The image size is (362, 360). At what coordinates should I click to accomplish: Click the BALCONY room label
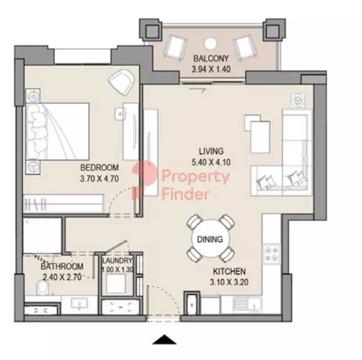(x=211, y=58)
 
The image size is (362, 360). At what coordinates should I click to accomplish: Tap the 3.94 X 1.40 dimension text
(x=211, y=69)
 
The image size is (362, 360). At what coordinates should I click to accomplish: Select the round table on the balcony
(x=210, y=43)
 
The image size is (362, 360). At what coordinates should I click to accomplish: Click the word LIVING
(x=211, y=151)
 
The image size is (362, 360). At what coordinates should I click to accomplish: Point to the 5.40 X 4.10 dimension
(x=211, y=162)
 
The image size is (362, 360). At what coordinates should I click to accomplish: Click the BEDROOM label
(x=99, y=167)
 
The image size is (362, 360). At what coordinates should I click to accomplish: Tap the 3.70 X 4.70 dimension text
(x=99, y=179)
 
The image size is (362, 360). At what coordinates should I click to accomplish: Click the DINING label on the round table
(x=210, y=239)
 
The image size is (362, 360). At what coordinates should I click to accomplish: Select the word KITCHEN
(x=229, y=271)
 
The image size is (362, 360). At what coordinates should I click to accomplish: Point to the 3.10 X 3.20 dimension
(x=229, y=282)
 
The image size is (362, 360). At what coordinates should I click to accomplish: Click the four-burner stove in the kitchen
(x=271, y=254)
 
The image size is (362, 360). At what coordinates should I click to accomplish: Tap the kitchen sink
(x=248, y=305)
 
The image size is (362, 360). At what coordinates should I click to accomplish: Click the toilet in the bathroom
(x=42, y=287)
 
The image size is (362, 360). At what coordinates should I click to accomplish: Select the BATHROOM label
(x=62, y=266)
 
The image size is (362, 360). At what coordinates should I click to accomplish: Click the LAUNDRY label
(x=117, y=261)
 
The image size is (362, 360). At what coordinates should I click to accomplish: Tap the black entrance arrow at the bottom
(x=164, y=339)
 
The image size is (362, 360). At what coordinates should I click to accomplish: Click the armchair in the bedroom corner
(x=122, y=82)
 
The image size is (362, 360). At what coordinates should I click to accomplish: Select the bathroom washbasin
(x=79, y=304)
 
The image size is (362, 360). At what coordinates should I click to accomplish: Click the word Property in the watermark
(x=195, y=177)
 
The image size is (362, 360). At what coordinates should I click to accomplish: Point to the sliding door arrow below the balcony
(x=197, y=90)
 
